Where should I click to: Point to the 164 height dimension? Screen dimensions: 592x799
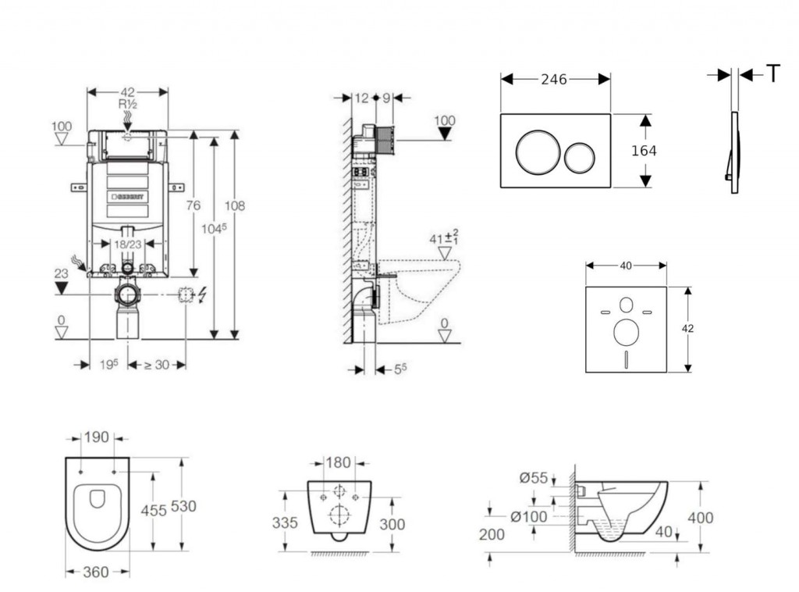[x=644, y=151]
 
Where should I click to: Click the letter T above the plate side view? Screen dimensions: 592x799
[x=772, y=74]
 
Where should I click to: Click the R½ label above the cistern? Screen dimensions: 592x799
[x=128, y=104]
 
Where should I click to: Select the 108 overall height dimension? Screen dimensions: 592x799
[x=235, y=205]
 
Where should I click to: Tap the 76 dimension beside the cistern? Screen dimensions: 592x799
[x=193, y=205]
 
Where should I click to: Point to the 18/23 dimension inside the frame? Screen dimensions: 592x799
[x=128, y=244]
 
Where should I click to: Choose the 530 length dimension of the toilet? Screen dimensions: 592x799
[x=183, y=506]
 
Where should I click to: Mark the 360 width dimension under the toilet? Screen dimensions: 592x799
[x=96, y=572]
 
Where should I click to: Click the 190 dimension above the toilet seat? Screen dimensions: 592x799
[x=97, y=437]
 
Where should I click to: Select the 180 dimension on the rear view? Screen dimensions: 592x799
[x=338, y=462]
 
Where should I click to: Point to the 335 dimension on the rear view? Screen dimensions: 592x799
[x=285, y=522]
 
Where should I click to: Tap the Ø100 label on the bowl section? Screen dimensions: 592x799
[x=530, y=516]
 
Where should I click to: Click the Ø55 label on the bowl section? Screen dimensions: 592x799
[x=534, y=478]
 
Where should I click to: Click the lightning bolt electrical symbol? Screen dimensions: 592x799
[x=203, y=296]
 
